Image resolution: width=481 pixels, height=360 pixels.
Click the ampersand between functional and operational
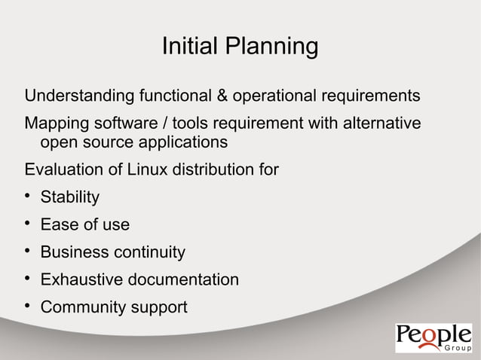click(223, 97)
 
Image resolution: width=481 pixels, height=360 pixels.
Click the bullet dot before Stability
click(27, 197)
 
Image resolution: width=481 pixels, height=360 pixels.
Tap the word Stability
click(69, 198)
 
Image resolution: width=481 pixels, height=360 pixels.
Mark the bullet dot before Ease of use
click(27, 224)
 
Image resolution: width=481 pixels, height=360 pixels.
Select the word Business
click(72, 252)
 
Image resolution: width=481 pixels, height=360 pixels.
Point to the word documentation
click(182, 280)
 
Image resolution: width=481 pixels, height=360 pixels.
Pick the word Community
click(81, 308)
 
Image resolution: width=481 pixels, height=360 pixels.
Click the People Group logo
click(433, 338)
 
